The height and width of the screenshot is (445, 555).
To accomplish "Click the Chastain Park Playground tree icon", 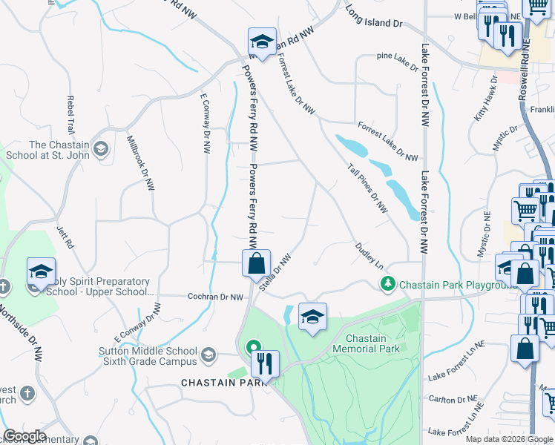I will coord(387,283).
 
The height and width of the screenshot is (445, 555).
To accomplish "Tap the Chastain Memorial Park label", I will coord(366,343).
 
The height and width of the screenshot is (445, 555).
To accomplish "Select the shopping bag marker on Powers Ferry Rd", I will coord(256,263).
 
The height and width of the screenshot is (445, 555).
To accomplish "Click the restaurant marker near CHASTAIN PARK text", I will coord(265,364).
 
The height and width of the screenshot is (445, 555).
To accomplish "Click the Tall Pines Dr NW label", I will coord(367,188).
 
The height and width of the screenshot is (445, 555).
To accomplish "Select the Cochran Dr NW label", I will coord(216,297).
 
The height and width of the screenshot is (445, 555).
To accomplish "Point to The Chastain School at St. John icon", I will coord(100,151).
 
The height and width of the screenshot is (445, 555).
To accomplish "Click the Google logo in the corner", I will coord(24,436).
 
